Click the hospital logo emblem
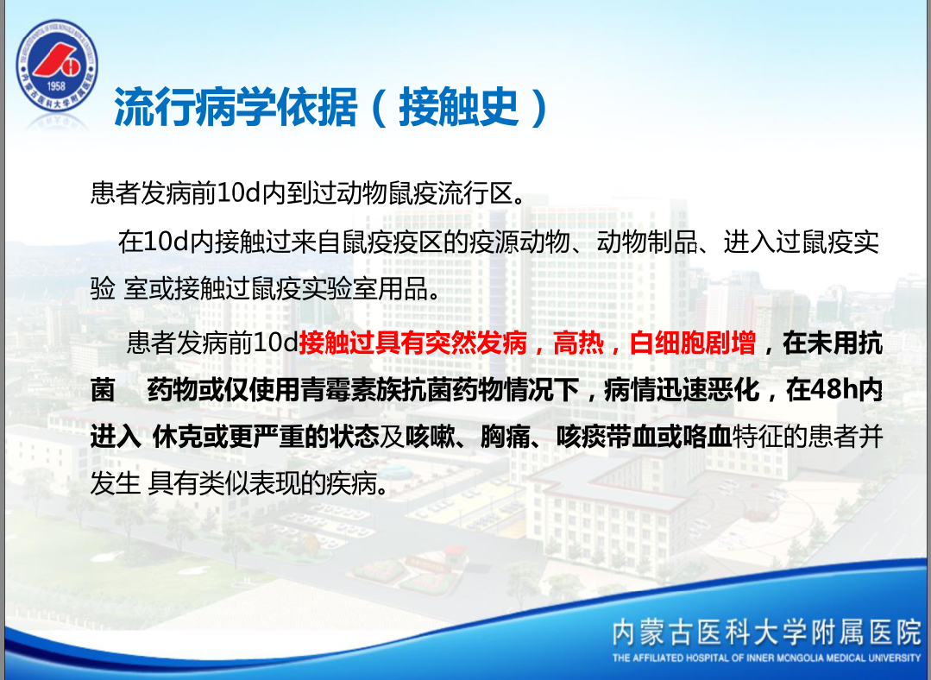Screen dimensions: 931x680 (x=57, y=66)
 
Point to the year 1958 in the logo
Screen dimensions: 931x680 (x=56, y=86)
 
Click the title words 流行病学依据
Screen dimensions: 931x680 (x=236, y=108)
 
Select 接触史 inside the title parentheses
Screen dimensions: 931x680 (x=459, y=108)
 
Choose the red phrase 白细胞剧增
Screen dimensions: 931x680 (x=692, y=343)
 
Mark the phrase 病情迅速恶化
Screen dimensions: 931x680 (x=682, y=390)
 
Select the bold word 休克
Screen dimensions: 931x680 (x=178, y=438)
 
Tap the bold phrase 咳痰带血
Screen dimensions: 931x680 (x=607, y=438)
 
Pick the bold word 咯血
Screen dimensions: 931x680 (x=708, y=438)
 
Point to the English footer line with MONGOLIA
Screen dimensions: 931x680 (x=766, y=658)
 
